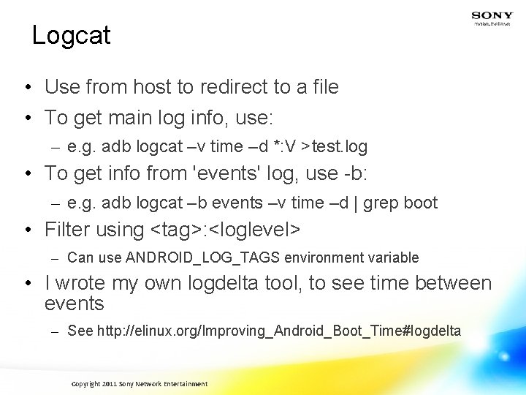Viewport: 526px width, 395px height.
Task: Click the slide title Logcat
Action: [71, 35]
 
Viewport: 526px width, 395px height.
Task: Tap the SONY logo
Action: [492, 15]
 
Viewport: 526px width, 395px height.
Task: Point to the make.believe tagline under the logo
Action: [492, 24]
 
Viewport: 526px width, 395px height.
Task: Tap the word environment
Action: [319, 257]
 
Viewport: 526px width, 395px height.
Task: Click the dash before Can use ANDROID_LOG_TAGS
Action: [54, 258]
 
